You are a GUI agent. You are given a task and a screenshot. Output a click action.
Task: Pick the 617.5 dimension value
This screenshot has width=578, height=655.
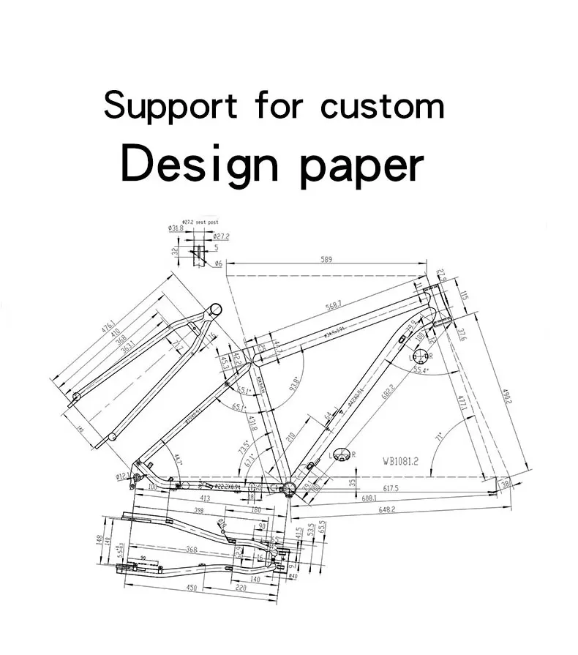(x=391, y=488)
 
